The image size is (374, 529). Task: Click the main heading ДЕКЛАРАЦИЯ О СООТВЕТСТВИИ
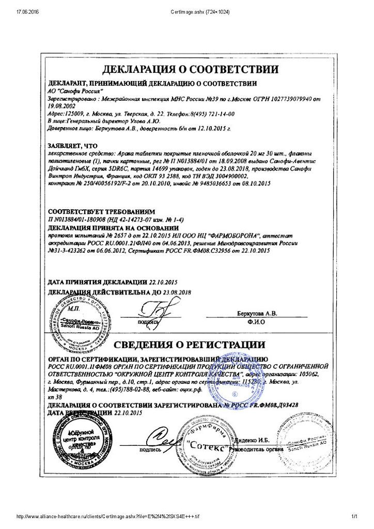(x=190, y=69)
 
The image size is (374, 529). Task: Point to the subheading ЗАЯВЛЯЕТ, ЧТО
(x=73, y=146)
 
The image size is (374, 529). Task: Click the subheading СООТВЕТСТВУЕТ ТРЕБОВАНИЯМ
(x=101, y=212)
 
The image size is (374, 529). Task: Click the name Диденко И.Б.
(x=253, y=440)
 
